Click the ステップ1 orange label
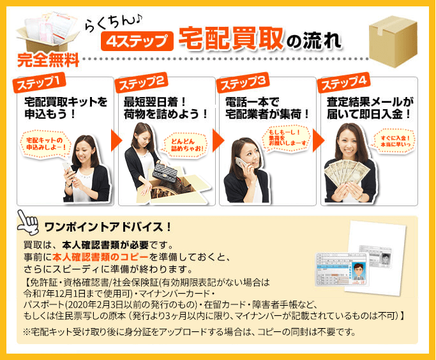(x=39, y=82)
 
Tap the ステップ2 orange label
(x=142, y=82)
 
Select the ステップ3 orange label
(x=243, y=82)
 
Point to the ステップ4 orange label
(x=344, y=82)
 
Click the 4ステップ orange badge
(x=137, y=41)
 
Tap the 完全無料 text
(x=48, y=60)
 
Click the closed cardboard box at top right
(x=393, y=41)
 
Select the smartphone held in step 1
(x=67, y=168)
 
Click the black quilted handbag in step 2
(x=165, y=172)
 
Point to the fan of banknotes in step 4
(x=347, y=172)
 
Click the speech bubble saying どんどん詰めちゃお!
(x=186, y=145)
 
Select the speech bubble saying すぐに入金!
(x=395, y=141)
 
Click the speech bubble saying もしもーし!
(x=287, y=139)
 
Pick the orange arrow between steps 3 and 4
(x=319, y=140)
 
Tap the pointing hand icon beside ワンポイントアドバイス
(x=27, y=222)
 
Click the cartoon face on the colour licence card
(x=357, y=271)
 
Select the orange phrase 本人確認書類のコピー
(x=100, y=257)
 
